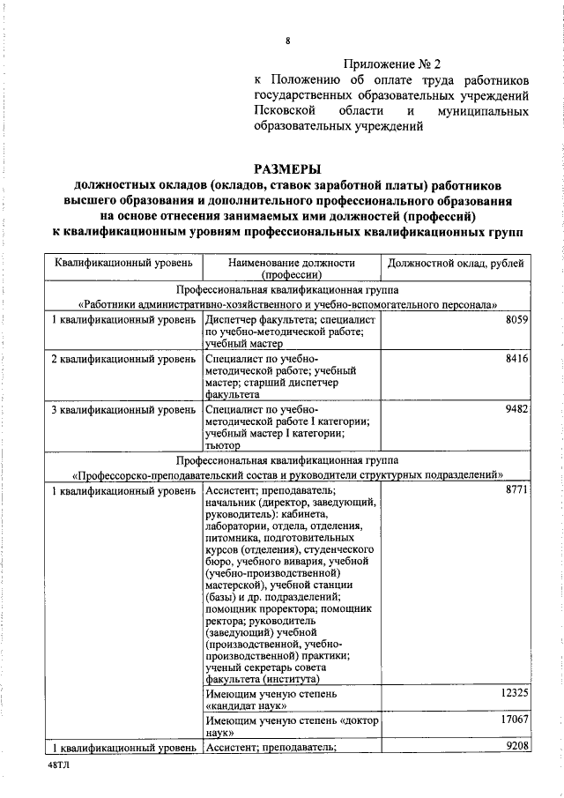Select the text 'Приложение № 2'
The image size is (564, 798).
(x=390, y=64)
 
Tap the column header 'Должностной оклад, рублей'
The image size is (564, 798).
(x=455, y=263)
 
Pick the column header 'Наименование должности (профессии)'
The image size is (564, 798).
(x=291, y=268)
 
